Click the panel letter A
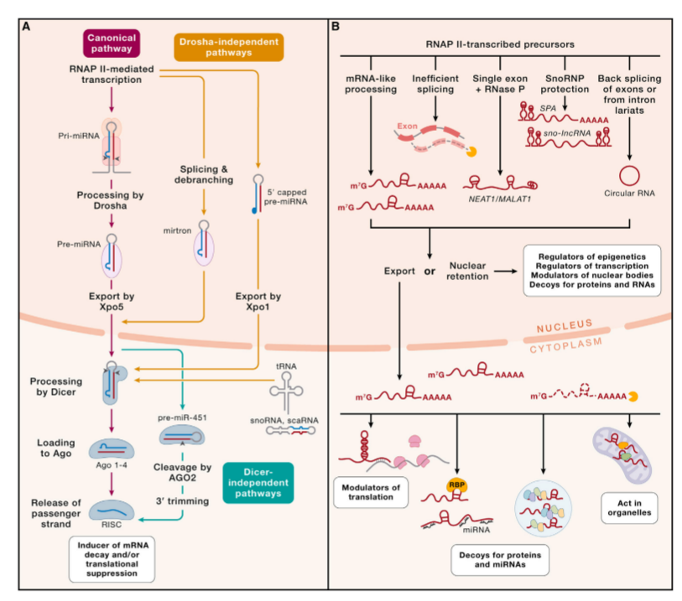(x=28, y=26)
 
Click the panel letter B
(x=336, y=26)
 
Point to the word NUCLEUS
(x=570, y=323)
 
